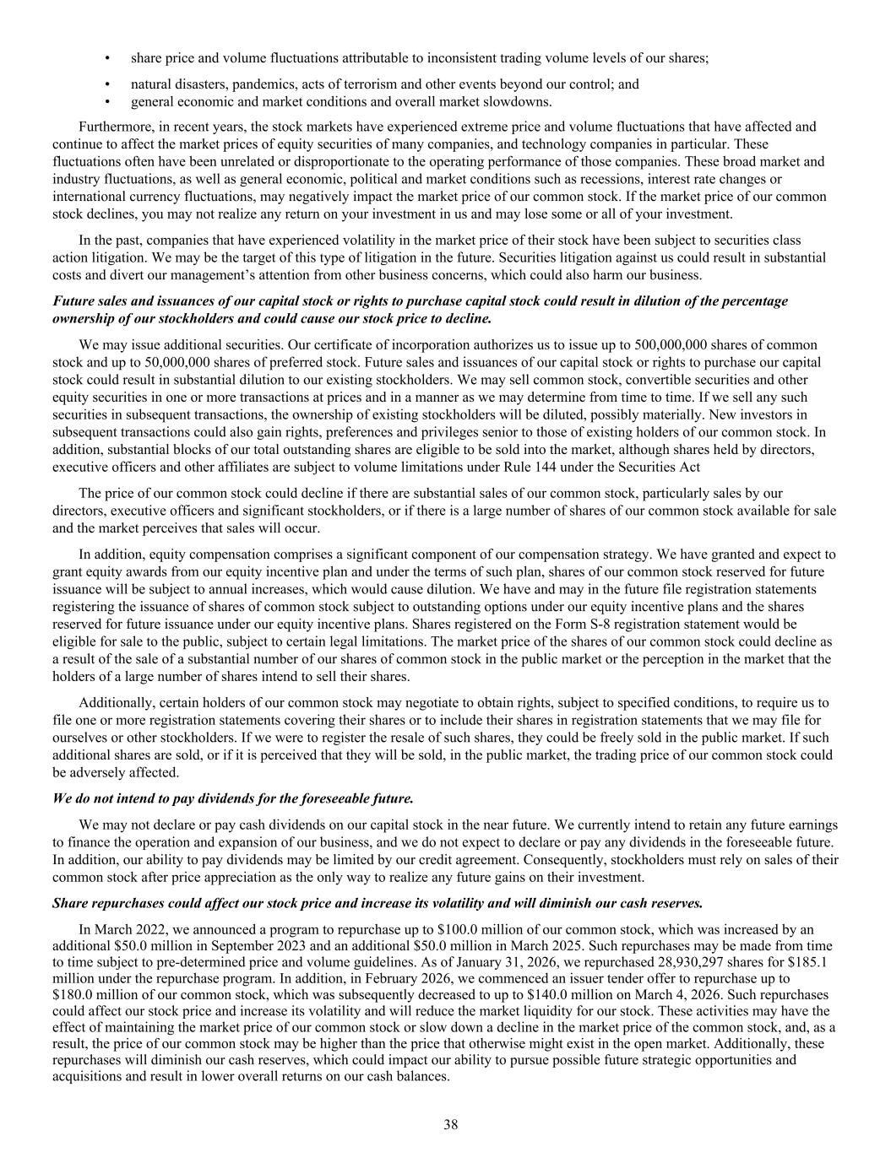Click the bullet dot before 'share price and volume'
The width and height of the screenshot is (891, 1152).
click(107, 58)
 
